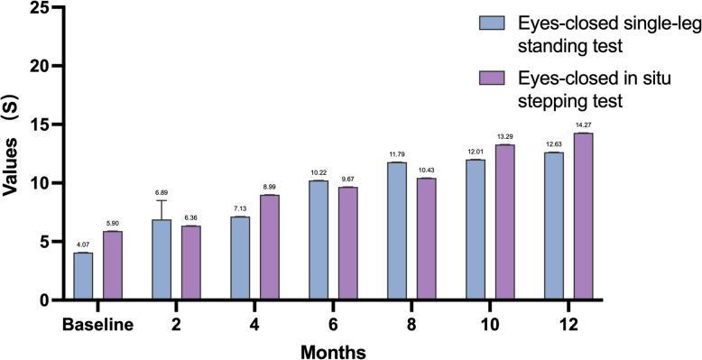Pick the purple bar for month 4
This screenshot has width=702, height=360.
click(271, 247)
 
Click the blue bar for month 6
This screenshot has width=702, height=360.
click(319, 240)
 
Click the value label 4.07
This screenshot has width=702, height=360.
click(83, 245)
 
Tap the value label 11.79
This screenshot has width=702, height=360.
click(397, 154)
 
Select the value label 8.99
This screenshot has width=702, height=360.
click(271, 187)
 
